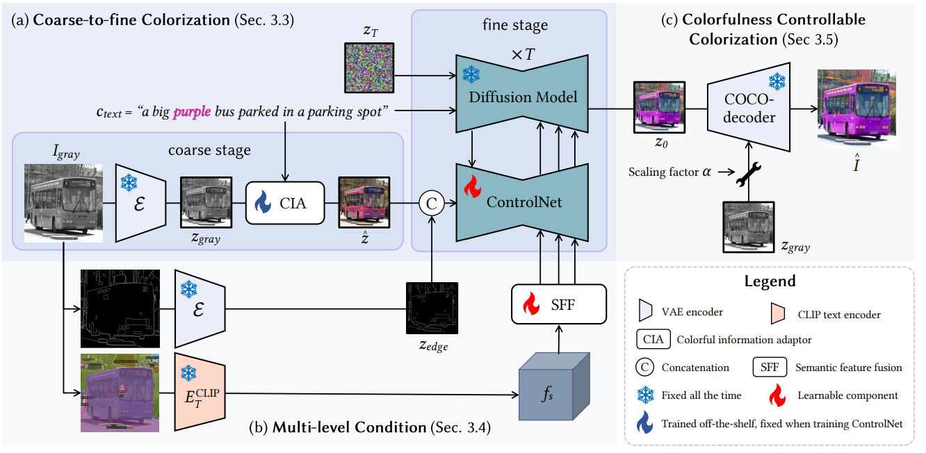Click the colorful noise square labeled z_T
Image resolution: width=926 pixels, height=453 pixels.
pyautogui.click(x=369, y=67)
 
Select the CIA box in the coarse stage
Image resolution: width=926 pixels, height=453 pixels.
pyautogui.click(x=286, y=203)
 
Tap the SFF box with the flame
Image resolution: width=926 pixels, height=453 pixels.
pyautogui.click(x=547, y=304)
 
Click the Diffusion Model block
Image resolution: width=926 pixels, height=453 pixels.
pyautogui.click(x=523, y=97)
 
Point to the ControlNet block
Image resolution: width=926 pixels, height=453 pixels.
pyautogui.click(x=523, y=202)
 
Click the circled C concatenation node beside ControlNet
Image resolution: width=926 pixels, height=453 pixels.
pyautogui.click(x=431, y=203)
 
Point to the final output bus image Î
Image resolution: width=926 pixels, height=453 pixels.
pyautogui.click(x=852, y=108)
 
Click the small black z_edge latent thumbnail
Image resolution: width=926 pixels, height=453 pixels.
pyautogui.click(x=432, y=308)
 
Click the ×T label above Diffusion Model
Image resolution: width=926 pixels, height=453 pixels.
pyautogui.click(x=522, y=54)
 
